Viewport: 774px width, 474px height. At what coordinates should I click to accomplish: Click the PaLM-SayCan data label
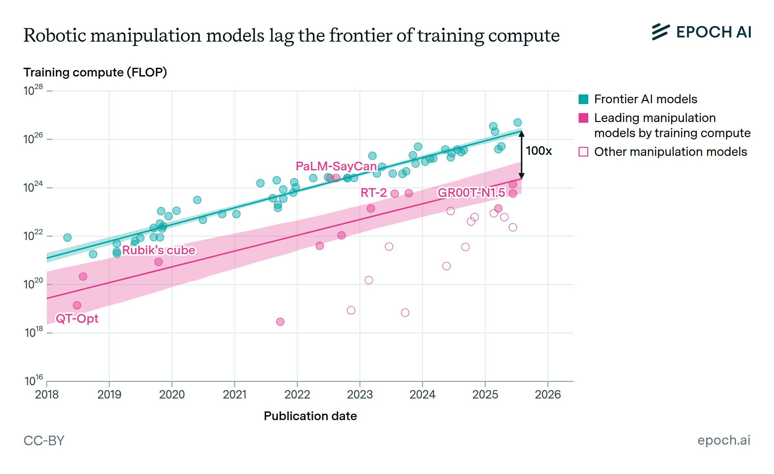(336, 166)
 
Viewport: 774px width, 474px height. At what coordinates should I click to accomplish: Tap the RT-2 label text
(373, 193)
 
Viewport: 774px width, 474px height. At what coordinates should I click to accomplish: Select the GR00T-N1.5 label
(471, 193)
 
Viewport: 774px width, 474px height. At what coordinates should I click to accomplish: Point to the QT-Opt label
(77, 319)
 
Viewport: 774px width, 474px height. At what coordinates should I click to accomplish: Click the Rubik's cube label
(159, 250)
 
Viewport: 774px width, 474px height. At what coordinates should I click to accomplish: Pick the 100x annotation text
(539, 151)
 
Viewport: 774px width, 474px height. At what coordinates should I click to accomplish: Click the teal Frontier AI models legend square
(583, 99)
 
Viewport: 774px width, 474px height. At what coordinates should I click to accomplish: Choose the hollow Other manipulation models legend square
(583, 152)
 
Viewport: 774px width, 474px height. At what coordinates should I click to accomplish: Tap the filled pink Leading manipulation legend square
(583, 118)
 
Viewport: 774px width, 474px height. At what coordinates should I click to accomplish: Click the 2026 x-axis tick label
(548, 394)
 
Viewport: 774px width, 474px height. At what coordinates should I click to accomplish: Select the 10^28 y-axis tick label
(33, 91)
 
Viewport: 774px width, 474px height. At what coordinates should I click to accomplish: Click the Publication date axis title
(310, 416)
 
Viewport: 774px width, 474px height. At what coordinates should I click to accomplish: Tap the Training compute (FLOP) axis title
(95, 73)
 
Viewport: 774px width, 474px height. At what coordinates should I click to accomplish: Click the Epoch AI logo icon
(660, 32)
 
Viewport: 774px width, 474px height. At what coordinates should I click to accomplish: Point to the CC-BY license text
(44, 441)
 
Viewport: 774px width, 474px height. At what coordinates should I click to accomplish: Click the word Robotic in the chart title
(55, 35)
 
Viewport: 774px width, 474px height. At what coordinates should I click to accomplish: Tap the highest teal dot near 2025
(518, 122)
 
